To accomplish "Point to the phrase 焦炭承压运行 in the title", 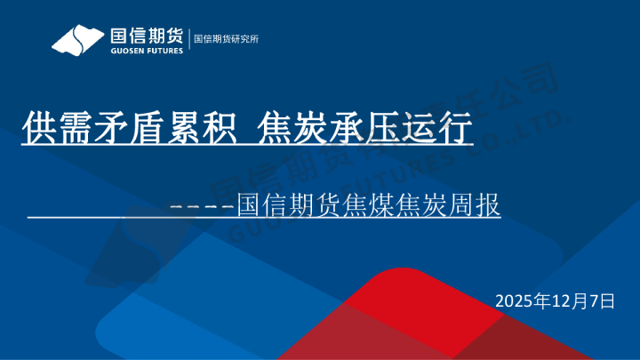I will (364, 129).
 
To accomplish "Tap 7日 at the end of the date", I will (601, 301).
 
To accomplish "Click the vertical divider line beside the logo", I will (188, 40).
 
